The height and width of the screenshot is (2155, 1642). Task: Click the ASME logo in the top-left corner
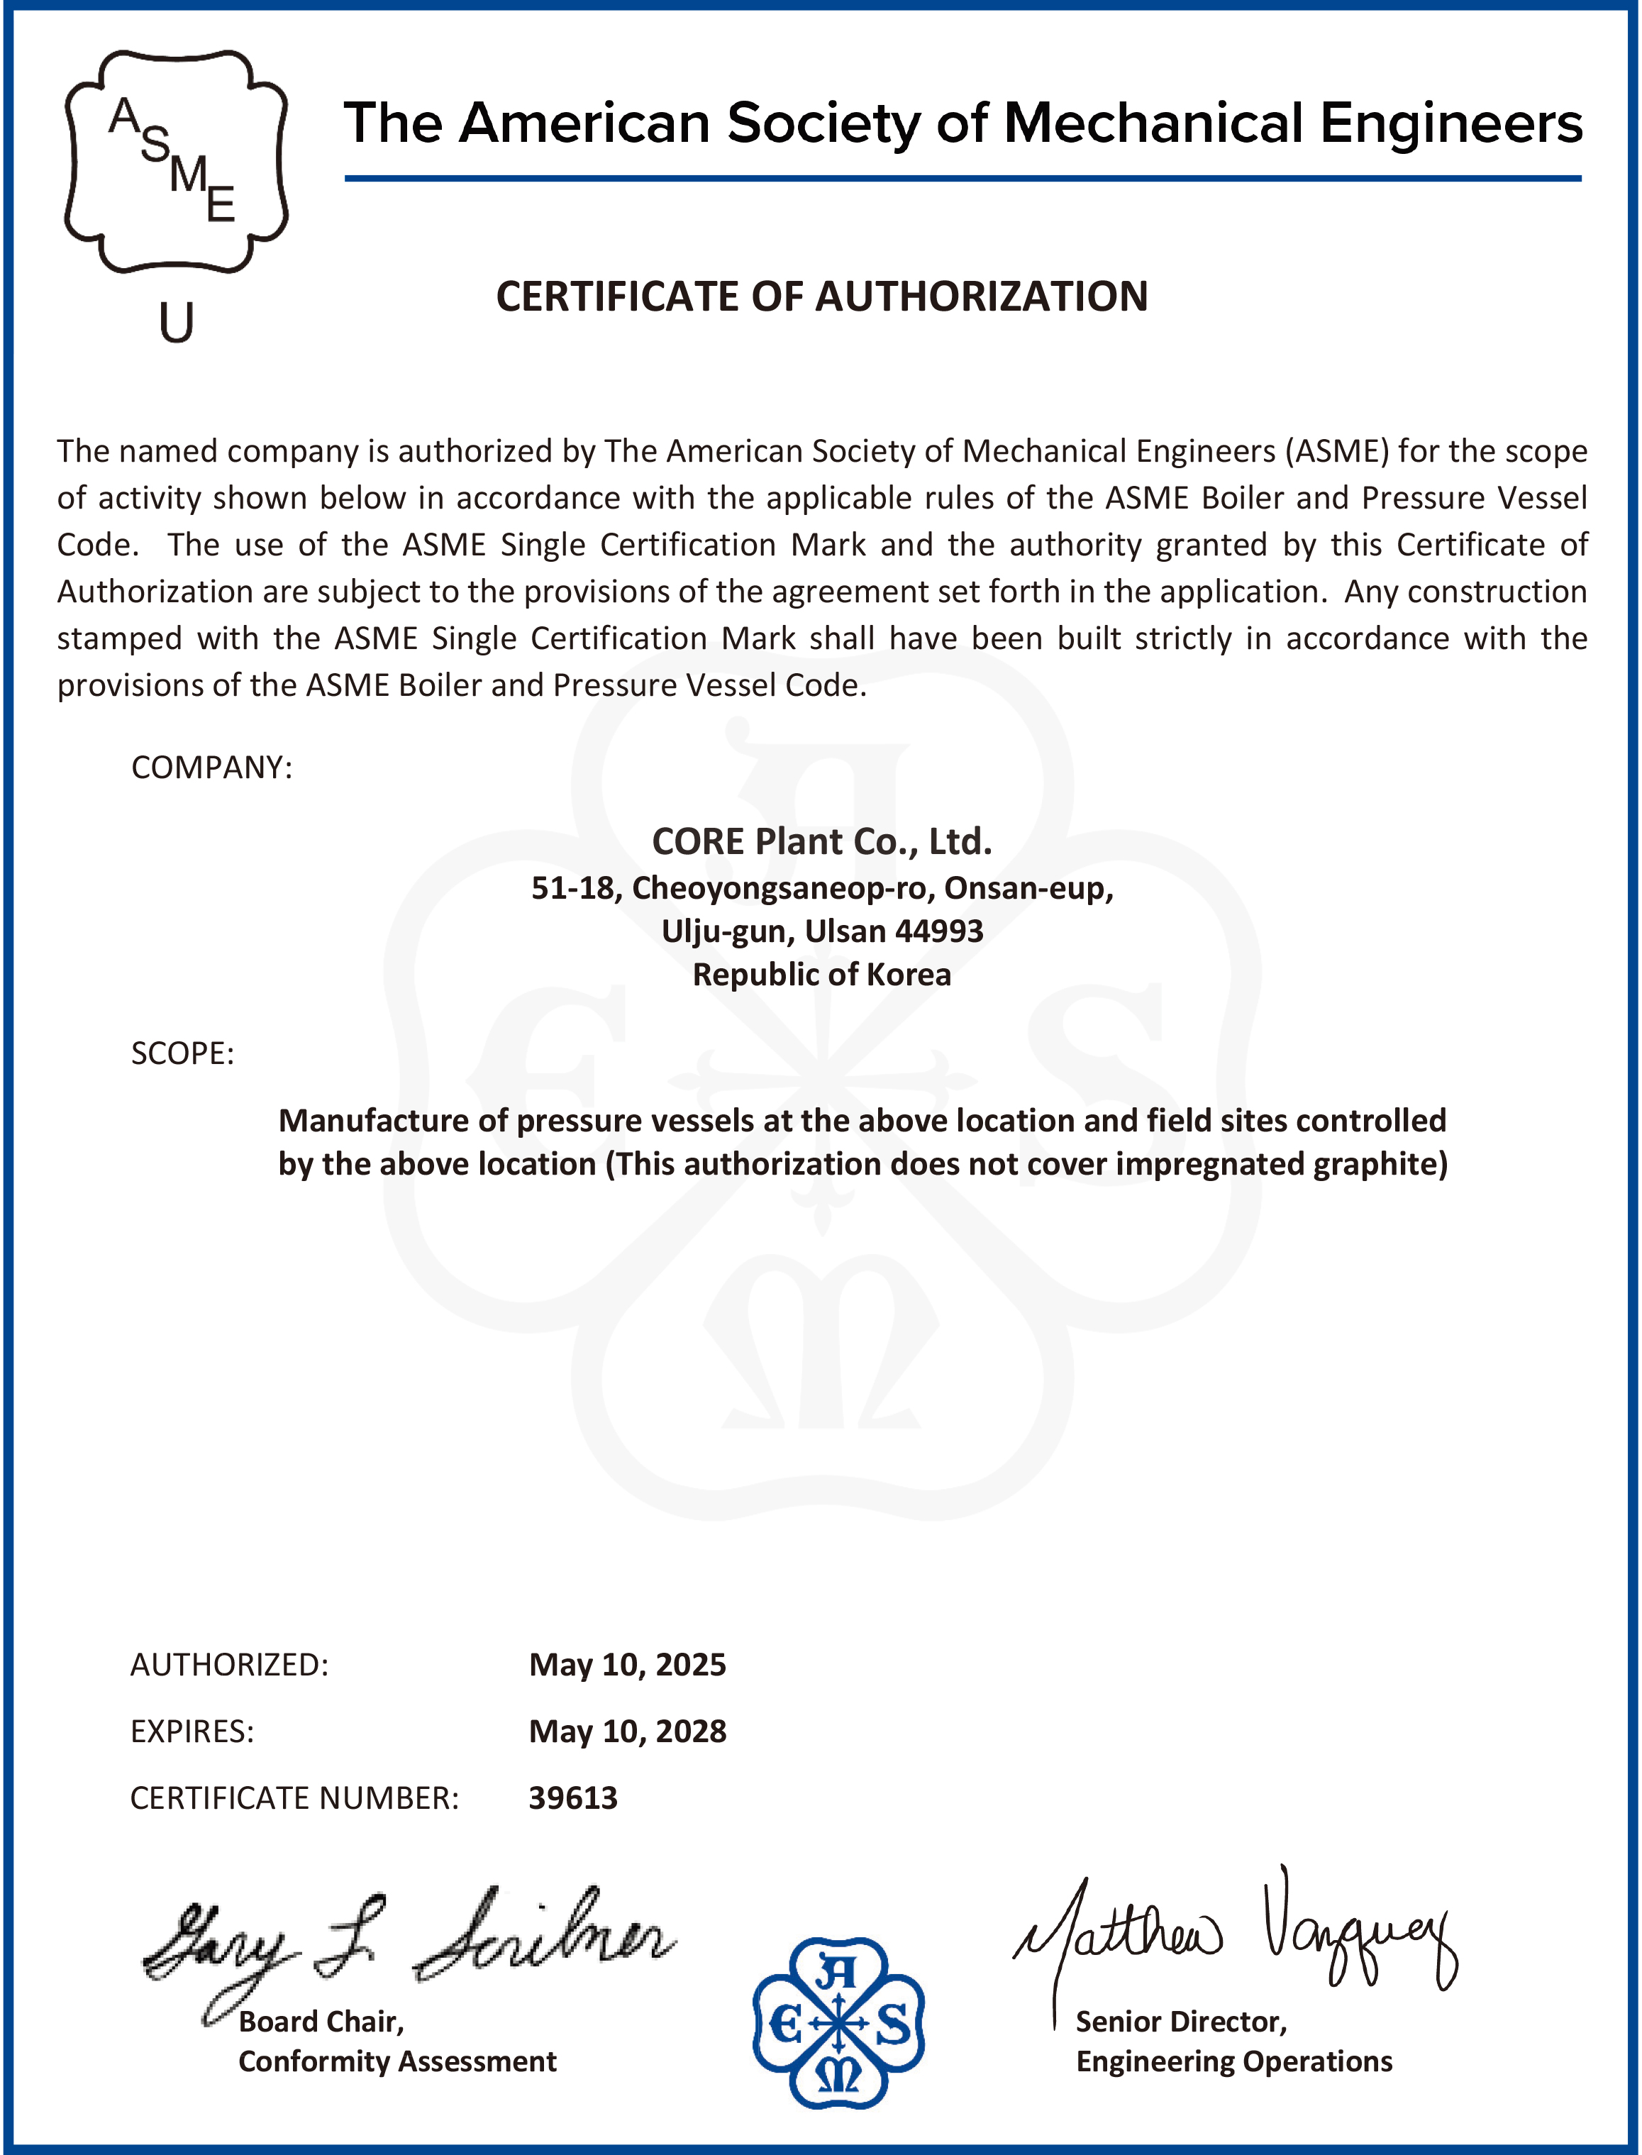176,161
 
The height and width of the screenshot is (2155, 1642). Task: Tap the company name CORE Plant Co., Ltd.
821,841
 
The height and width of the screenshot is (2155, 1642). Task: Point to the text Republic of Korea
821,975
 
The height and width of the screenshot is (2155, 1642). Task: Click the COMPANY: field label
211,768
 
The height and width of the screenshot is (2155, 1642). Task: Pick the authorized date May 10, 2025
628,1664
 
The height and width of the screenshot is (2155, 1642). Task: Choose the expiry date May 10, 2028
628,1731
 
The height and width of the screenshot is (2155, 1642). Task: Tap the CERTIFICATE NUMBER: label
294,1797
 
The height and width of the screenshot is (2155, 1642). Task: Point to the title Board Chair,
321,2021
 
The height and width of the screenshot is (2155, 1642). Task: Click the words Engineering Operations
1233,2061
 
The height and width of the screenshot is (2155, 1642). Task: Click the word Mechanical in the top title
1153,124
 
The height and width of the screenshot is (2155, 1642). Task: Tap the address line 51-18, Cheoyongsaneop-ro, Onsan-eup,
821,887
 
